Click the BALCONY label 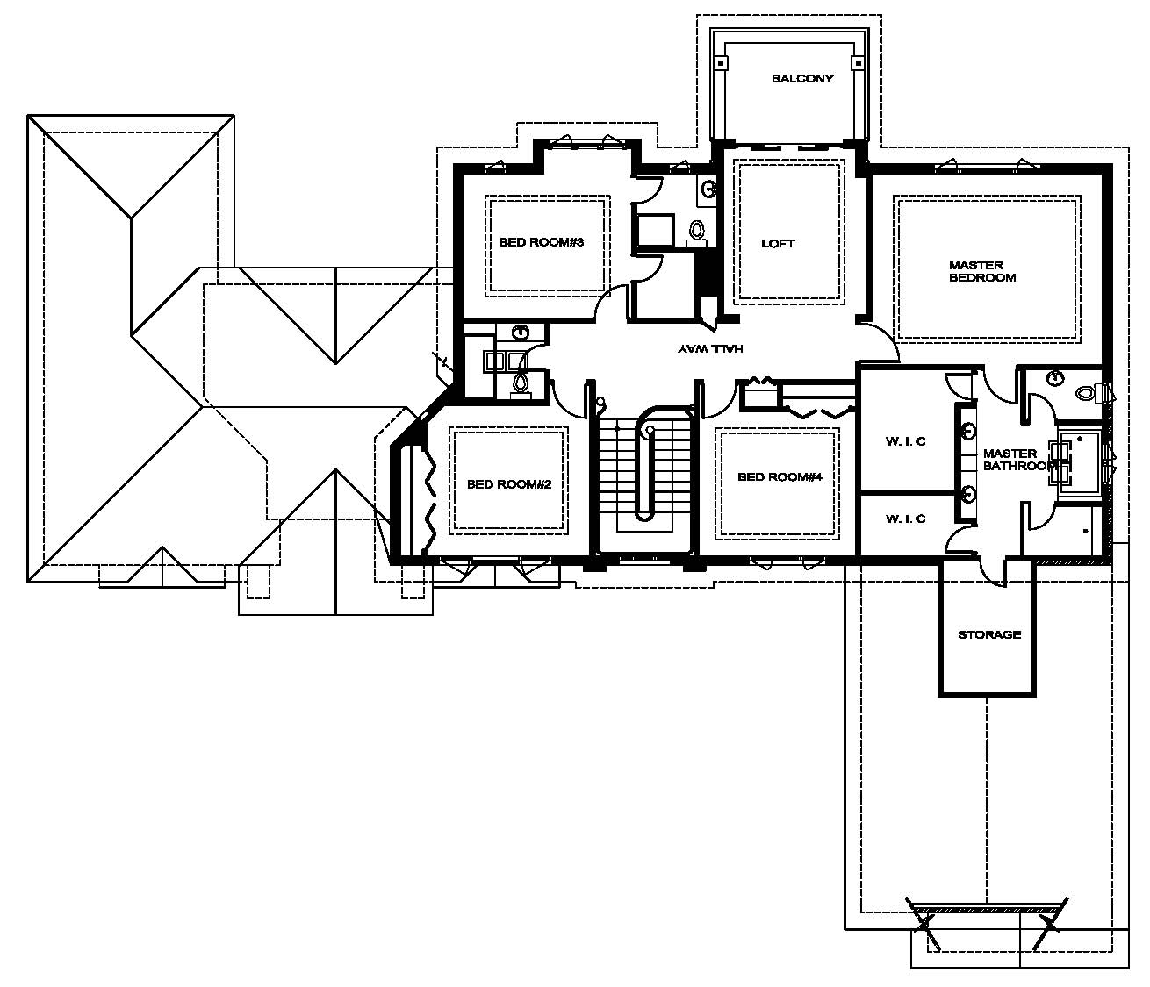point(802,78)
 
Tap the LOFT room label point(778,243)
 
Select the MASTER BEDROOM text point(982,271)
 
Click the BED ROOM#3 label point(542,242)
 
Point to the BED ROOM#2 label point(509,484)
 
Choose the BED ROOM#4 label point(780,476)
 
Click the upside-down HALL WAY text point(710,348)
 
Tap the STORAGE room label point(989,634)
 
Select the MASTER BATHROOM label point(1019,460)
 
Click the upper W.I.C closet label point(905,441)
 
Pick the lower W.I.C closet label point(905,519)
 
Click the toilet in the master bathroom point(1088,393)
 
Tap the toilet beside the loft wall point(696,232)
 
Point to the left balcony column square point(721,63)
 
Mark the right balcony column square point(857,63)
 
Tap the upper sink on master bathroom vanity point(968,431)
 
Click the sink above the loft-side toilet point(708,189)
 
